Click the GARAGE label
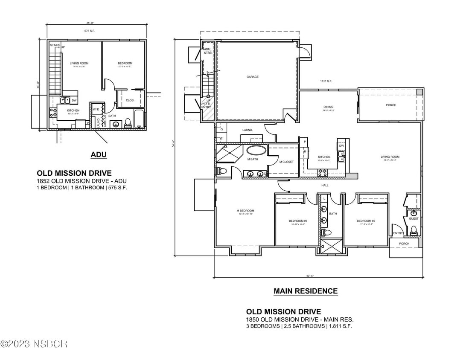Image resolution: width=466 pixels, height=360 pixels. (252, 77)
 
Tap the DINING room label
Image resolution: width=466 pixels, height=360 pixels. (328, 107)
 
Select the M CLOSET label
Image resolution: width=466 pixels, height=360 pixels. (286, 162)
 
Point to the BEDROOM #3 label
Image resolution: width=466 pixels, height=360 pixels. (298, 221)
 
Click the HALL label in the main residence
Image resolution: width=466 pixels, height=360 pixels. (325, 186)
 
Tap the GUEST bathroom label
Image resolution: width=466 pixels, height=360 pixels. (414, 219)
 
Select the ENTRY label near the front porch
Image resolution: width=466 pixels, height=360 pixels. (398, 233)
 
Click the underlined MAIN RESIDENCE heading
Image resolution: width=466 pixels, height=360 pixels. (305, 291)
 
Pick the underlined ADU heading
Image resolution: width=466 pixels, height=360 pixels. (98, 155)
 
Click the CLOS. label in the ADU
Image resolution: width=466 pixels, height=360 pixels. (130, 100)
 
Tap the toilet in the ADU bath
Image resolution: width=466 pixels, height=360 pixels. (127, 123)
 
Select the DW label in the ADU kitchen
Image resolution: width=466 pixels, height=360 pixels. (74, 101)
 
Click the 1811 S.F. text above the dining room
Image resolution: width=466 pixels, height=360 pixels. (326, 81)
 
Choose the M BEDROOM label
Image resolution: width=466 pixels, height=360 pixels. (245, 211)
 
